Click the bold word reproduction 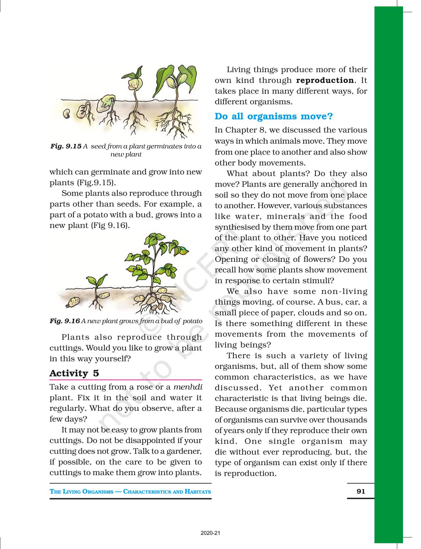[324, 80]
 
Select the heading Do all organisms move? [274, 116]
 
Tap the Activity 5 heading [74, 373]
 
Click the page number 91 [361, 491]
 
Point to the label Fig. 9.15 [66, 146]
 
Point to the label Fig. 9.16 [64, 321]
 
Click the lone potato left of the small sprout [74, 302]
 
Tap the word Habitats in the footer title [198, 491]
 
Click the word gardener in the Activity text [185, 451]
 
